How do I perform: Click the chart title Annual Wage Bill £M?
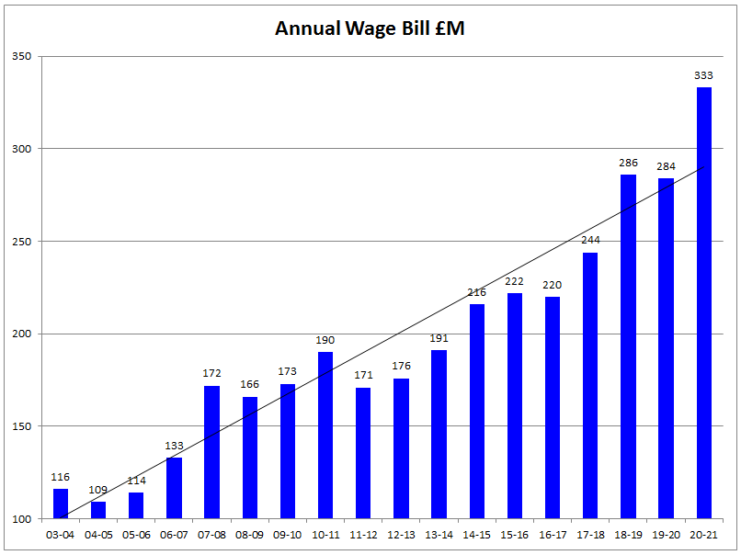pyautogui.click(x=370, y=28)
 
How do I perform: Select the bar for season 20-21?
pyautogui.click(x=703, y=303)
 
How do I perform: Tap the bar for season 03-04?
pyautogui.click(x=61, y=504)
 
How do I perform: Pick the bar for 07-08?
pyautogui.click(x=211, y=452)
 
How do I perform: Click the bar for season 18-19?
pyautogui.click(x=628, y=346)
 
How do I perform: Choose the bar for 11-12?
pyautogui.click(x=363, y=453)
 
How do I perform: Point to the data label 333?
pyautogui.click(x=703, y=75)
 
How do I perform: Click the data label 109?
pyautogui.click(x=98, y=490)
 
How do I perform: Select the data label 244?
pyautogui.click(x=590, y=240)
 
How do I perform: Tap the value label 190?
pyautogui.click(x=325, y=340)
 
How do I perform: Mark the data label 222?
pyautogui.click(x=514, y=281)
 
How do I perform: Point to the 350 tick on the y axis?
pyautogui.click(x=21, y=56)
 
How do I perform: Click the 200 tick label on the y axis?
pyautogui.click(x=21, y=334)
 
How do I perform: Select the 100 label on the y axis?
pyautogui.click(x=21, y=519)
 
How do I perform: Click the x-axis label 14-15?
pyautogui.click(x=477, y=535)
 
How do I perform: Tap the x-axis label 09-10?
pyautogui.click(x=288, y=535)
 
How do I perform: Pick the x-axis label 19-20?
pyautogui.click(x=666, y=535)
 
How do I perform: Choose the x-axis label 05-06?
pyautogui.click(x=136, y=535)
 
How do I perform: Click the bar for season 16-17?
pyautogui.click(x=553, y=408)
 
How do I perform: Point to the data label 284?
pyautogui.click(x=666, y=166)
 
